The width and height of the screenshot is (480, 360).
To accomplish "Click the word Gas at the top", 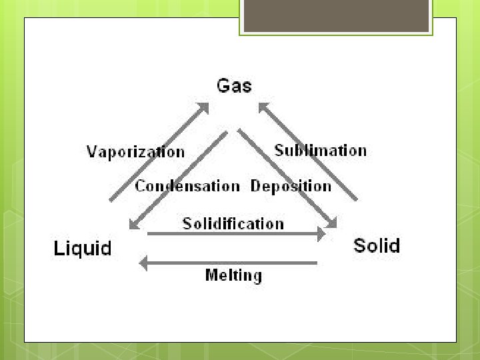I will point(234,86).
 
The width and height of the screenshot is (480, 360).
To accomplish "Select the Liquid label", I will point(82,249).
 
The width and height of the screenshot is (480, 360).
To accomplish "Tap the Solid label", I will point(377,246).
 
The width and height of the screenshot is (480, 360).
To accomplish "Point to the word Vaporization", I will point(135,152).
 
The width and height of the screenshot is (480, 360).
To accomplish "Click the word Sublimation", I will point(321,151).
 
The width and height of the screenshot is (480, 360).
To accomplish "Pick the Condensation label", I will point(187,187).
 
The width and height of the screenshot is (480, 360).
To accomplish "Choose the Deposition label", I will point(291,187).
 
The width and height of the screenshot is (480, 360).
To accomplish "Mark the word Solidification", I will point(233,224).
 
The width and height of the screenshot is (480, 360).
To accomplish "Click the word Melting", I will point(233,275).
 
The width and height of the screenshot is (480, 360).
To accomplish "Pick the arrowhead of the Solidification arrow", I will point(321,233).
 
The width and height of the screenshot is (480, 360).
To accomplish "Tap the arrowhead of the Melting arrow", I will point(143,263).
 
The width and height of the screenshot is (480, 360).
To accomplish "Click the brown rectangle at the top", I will point(336,16).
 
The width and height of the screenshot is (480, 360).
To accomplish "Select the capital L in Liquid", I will point(58,249).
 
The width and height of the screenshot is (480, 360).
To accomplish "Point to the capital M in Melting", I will point(212,275).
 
